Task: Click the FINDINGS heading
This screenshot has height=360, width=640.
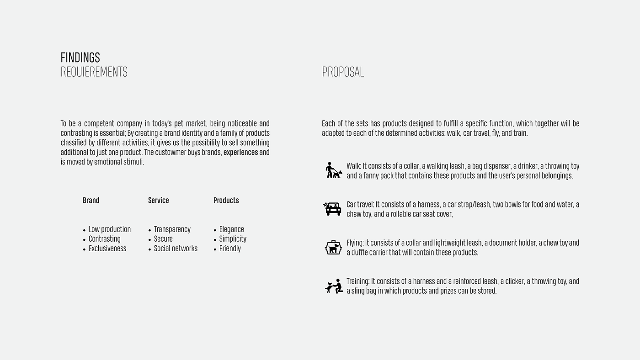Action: pos(80,58)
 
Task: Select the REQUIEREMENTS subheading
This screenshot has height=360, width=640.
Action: pos(94,72)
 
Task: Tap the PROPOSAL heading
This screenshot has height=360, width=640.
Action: pos(343,72)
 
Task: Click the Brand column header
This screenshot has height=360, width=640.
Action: pos(91,201)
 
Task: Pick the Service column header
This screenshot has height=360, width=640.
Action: pos(158,201)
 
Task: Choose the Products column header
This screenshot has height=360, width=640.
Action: pos(226,201)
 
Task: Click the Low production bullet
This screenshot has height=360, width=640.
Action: pos(109,229)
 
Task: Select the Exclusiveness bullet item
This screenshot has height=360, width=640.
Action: pos(107,249)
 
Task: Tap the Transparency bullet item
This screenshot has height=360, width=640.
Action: pos(172,229)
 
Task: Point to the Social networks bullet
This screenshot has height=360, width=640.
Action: pos(176,249)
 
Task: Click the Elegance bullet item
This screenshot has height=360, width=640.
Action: pos(231,229)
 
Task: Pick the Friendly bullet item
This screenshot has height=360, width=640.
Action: pos(230,249)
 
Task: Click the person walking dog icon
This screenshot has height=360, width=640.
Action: pos(333,170)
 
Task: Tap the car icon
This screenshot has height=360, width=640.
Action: pos(332,209)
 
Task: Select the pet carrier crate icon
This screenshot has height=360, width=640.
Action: pos(333,247)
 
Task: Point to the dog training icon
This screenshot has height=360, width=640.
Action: pos(334,286)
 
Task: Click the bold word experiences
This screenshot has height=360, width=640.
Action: pos(240,152)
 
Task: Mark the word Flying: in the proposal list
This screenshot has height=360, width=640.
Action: pos(355,243)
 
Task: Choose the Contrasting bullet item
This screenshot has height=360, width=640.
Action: pos(104,239)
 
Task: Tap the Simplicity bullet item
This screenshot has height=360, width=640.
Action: pos(233,239)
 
